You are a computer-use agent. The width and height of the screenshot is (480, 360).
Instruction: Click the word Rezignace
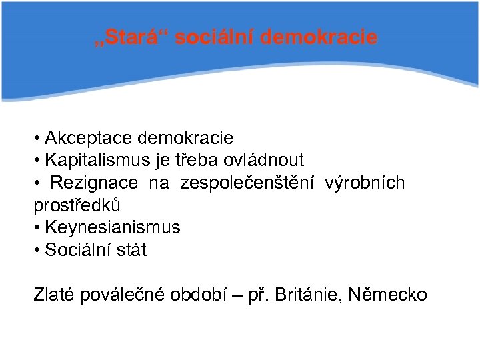(94, 183)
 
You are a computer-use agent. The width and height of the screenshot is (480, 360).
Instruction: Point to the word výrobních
(365, 183)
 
